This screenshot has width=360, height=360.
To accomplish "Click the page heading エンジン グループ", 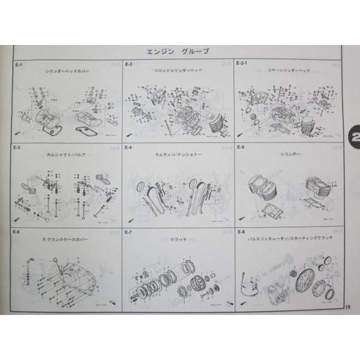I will pos(178,52).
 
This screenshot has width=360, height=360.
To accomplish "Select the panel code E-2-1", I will pos(243,62).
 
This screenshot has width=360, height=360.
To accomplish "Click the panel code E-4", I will pos(128,146).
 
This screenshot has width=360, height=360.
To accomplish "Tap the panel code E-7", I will pos(128,231).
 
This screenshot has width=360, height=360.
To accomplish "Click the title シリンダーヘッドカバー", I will pos(67,70).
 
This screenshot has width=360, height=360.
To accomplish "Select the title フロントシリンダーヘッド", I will pos(178,70).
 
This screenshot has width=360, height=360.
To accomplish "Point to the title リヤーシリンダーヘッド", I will pos(287,70).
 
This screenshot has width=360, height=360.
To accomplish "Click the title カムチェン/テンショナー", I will pos(177,154).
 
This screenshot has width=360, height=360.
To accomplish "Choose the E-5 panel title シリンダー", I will pos(289,154).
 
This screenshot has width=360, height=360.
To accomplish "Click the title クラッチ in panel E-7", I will pos(178,239).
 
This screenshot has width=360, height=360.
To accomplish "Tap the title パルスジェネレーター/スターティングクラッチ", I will pos(287,239).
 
